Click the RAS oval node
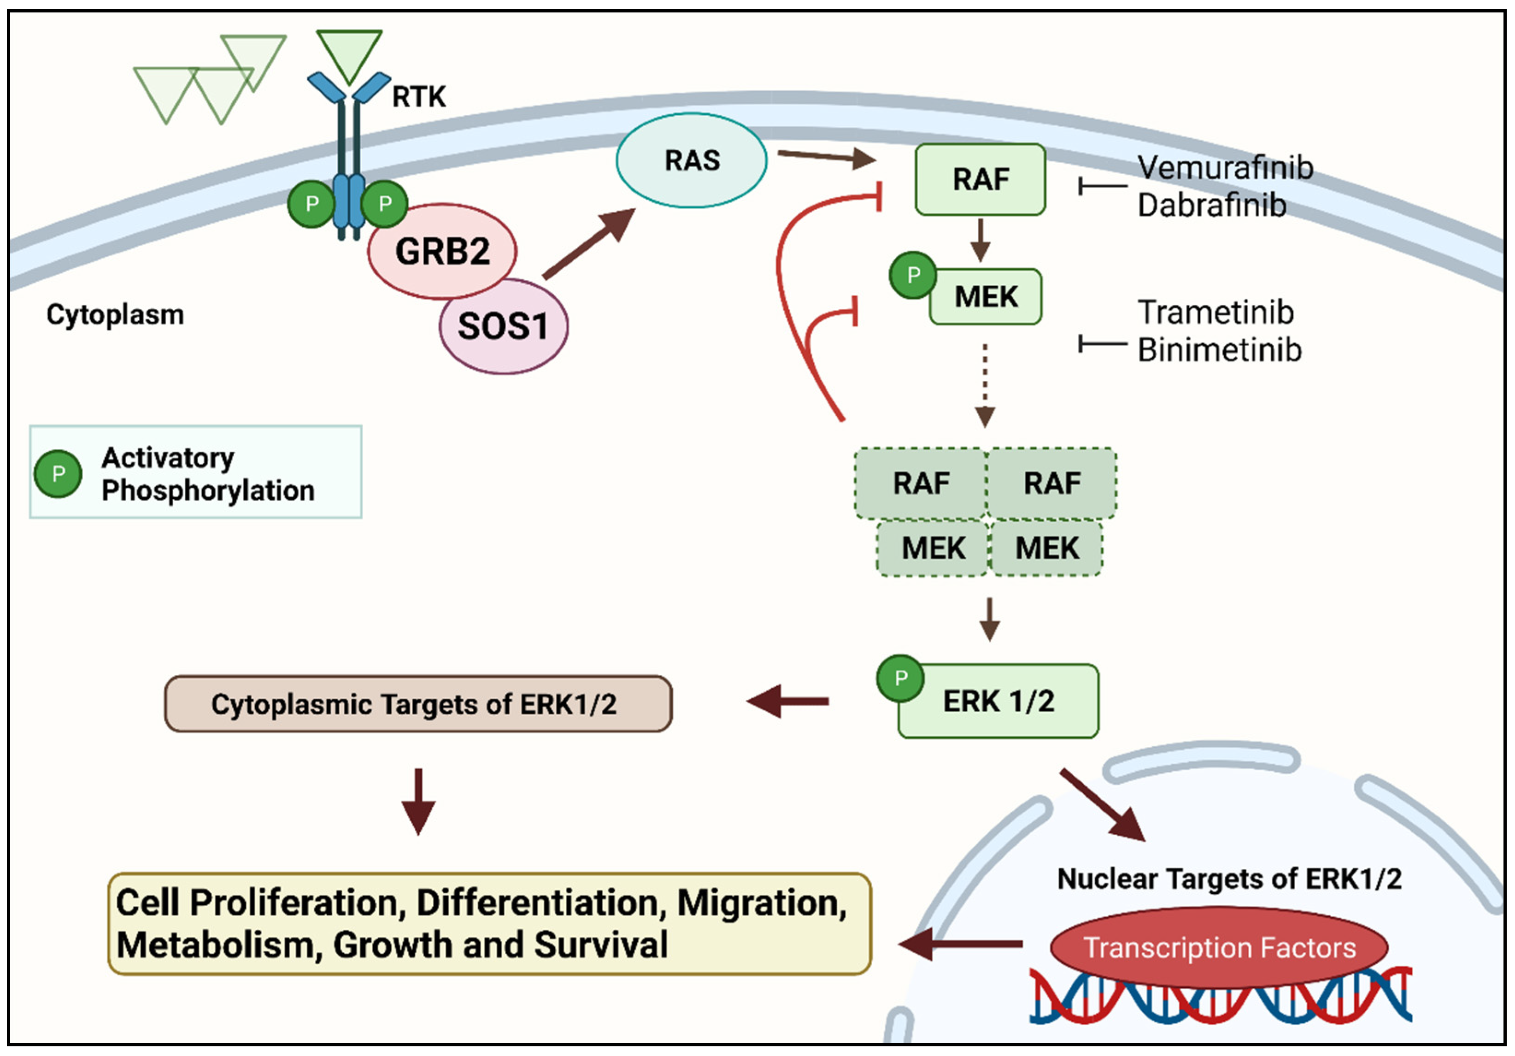click(x=692, y=160)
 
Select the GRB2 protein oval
click(x=442, y=251)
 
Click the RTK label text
click(x=419, y=96)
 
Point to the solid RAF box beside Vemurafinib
click(x=981, y=179)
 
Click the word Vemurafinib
click(x=1225, y=168)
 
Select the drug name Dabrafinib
click(x=1211, y=205)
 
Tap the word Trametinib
click(x=1216, y=312)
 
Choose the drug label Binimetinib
click(x=1219, y=350)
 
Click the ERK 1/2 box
click(x=998, y=702)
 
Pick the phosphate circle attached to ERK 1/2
click(x=900, y=678)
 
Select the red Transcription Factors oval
click(x=1219, y=948)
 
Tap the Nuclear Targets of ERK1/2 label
click(x=1228, y=879)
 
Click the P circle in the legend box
click(x=58, y=473)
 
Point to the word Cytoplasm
click(x=115, y=315)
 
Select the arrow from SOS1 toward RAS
click(x=587, y=244)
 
